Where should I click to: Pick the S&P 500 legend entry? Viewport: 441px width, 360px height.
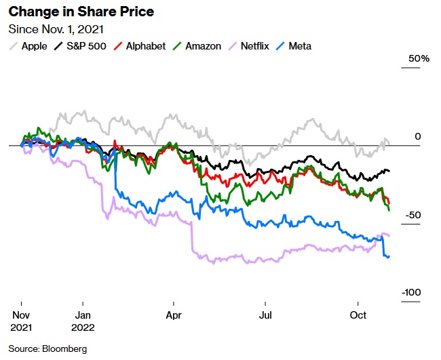[x=80, y=46]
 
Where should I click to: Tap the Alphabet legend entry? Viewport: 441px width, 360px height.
[x=139, y=46]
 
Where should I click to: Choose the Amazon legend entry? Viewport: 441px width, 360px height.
[x=197, y=46]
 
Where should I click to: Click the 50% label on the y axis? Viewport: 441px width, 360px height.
[x=419, y=59]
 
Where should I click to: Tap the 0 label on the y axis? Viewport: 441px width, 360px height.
[x=418, y=136]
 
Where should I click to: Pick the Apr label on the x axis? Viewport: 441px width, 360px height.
[x=174, y=315]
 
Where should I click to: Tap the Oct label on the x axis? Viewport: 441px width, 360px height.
[x=358, y=315]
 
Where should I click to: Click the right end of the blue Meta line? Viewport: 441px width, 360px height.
[x=389, y=256]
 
